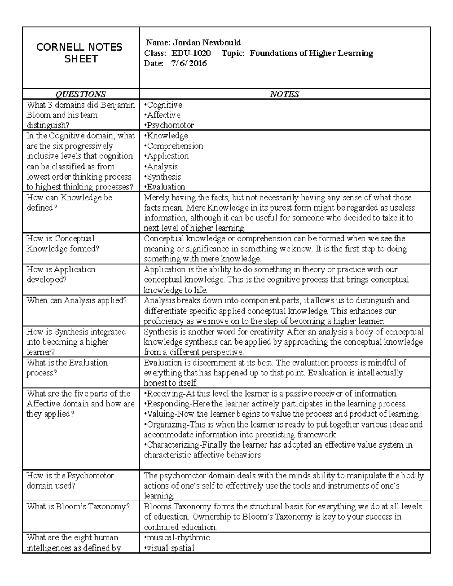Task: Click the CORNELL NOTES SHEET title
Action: tap(79, 53)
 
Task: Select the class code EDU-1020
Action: tap(191, 53)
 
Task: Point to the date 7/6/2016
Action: tap(189, 63)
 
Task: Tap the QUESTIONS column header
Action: tap(81, 94)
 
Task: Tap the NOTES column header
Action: tap(285, 94)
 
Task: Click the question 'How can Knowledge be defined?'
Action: tap(69, 203)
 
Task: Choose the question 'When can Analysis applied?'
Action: tap(76, 301)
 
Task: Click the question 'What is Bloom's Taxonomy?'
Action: tap(78, 507)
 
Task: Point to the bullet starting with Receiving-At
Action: tap(270, 394)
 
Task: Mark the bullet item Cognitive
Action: tap(164, 105)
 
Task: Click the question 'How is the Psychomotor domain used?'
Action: tap(70, 480)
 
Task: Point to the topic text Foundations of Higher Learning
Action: tap(311, 53)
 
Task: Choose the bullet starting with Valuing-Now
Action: tap(281, 414)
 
